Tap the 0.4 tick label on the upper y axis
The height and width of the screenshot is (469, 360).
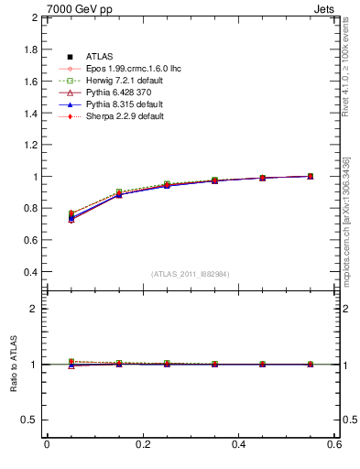(29, 272)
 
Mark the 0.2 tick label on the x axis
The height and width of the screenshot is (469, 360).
(142, 444)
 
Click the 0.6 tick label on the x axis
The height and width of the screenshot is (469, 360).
(334, 444)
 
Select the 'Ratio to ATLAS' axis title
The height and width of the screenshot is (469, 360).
(14, 365)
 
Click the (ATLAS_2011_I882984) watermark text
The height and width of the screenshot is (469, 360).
(190, 274)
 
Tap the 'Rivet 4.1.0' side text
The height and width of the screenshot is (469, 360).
(351, 64)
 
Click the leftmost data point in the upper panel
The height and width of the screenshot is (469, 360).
(71, 216)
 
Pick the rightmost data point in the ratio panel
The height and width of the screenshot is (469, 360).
(311, 365)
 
